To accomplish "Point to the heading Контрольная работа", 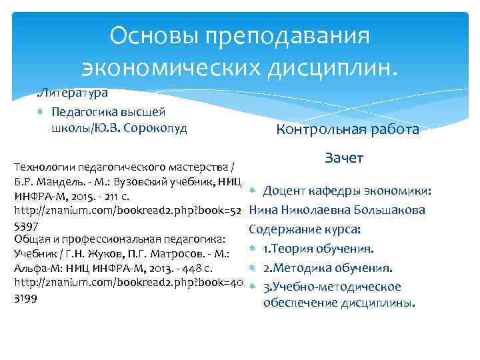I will coord(347,129).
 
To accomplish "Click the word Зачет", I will coord(343,158).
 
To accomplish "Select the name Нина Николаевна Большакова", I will coord(337,211).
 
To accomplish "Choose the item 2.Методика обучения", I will coord(327,268).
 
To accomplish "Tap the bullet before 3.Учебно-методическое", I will coord(253,287).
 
